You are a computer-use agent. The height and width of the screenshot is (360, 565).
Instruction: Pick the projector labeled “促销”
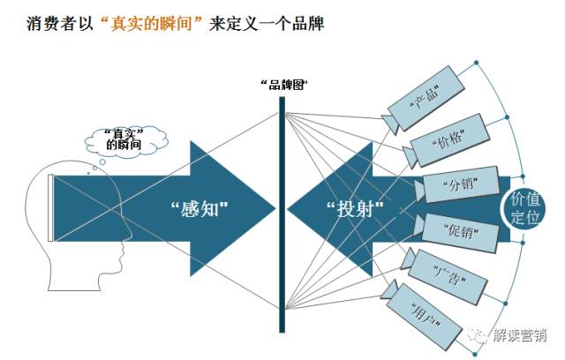(456, 230)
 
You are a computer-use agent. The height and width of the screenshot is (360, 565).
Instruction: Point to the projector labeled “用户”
(428, 309)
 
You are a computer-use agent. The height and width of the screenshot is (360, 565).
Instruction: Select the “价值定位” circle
(526, 208)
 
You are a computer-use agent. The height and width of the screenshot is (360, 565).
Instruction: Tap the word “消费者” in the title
(49, 24)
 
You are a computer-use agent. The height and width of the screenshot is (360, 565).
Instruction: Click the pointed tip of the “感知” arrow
(275, 208)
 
